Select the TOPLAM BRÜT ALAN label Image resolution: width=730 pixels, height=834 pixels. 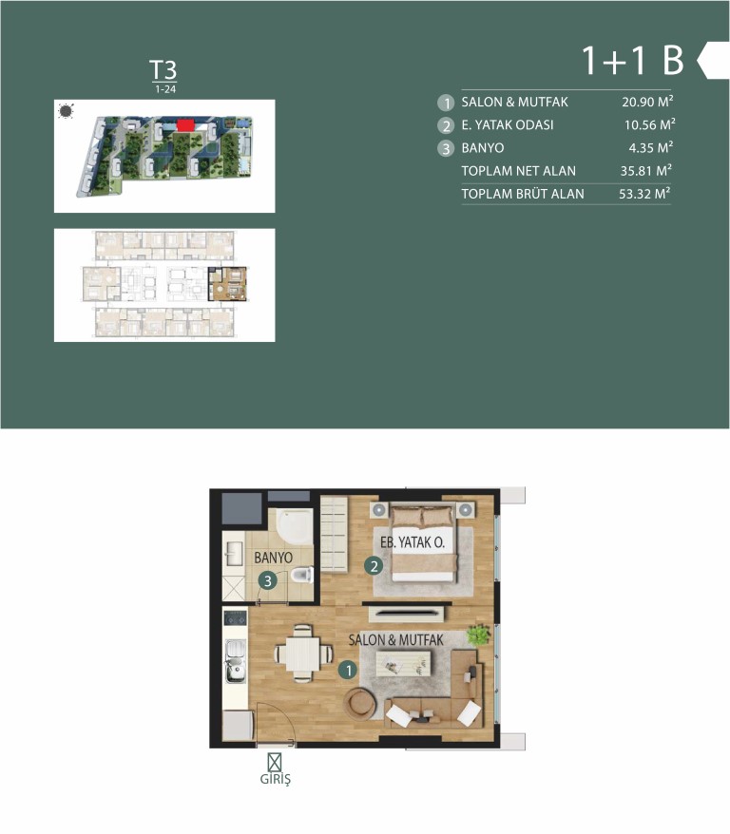click(x=523, y=194)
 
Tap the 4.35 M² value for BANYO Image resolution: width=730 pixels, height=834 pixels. click(x=651, y=147)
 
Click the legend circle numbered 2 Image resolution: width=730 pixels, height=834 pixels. click(x=446, y=125)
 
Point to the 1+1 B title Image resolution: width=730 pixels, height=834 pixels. click(x=633, y=60)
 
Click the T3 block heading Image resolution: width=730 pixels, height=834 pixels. click(x=163, y=70)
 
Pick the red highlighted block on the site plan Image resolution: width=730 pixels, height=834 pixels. click(x=185, y=125)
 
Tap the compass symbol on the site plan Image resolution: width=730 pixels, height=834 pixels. click(x=66, y=111)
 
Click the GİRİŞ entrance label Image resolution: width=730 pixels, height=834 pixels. click(x=275, y=779)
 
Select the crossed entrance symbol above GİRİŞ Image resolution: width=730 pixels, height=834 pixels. click(x=275, y=762)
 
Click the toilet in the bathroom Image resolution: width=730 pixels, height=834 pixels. click(x=302, y=575)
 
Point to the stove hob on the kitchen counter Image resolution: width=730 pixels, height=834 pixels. click(x=235, y=617)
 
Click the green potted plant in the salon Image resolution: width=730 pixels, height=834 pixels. click(x=478, y=635)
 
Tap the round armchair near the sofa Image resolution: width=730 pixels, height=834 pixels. click(x=359, y=704)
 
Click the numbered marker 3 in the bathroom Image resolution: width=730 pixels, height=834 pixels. click(x=268, y=580)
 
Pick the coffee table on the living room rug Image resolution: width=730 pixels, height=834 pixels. click(x=403, y=663)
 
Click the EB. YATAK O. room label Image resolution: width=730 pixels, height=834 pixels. click(x=413, y=542)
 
